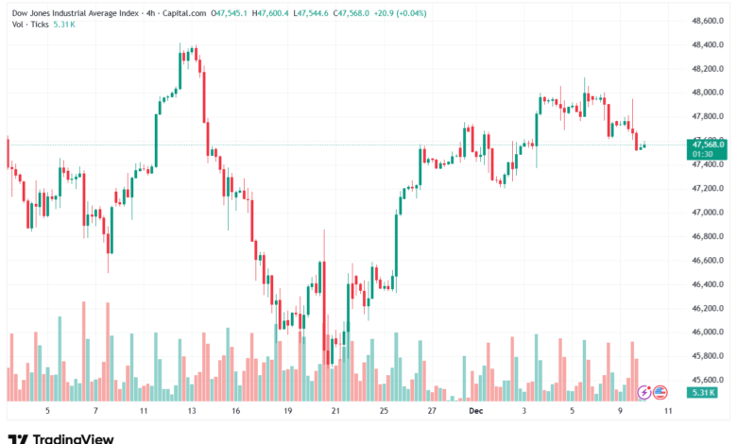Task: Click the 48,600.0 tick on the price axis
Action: (x=707, y=21)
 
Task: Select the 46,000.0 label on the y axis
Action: (x=707, y=333)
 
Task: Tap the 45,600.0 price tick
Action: (x=707, y=380)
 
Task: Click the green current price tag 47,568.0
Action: (x=707, y=144)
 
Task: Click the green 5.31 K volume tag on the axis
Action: (x=704, y=392)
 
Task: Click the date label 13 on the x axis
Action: (x=192, y=412)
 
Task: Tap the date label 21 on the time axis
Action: (x=335, y=412)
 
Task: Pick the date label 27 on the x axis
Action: (x=431, y=412)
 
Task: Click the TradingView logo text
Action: (x=73, y=438)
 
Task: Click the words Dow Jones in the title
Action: (x=32, y=12)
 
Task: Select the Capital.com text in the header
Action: (x=186, y=12)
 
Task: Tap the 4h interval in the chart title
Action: (x=151, y=12)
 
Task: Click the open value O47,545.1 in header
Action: (x=231, y=12)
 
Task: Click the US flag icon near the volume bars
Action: (x=661, y=391)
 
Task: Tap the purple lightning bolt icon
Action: (x=645, y=391)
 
